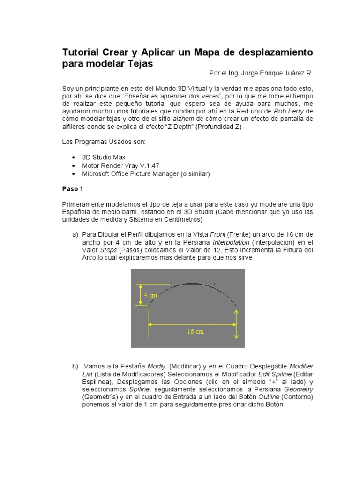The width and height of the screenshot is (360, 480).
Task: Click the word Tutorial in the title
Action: tap(81, 52)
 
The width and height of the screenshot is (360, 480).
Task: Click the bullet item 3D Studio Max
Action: tap(104, 157)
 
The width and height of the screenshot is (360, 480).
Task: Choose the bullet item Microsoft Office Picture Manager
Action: tap(146, 173)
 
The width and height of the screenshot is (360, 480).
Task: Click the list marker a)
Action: tap(75, 234)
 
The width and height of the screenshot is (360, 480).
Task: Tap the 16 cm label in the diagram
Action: tap(195, 331)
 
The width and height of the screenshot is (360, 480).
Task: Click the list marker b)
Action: tap(75, 366)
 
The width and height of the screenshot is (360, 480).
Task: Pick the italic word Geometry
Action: tap(299, 389)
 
